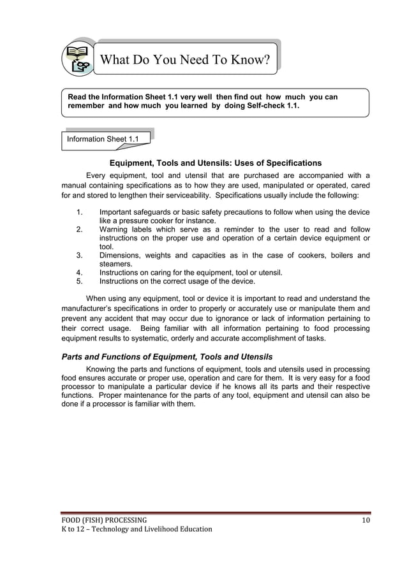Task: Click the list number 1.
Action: (79, 212)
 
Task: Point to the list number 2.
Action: (79, 229)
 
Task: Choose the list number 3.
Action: (79, 256)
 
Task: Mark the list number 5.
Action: (79, 281)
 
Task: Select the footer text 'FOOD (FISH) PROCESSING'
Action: (104, 520)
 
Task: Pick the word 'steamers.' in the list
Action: (116, 264)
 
